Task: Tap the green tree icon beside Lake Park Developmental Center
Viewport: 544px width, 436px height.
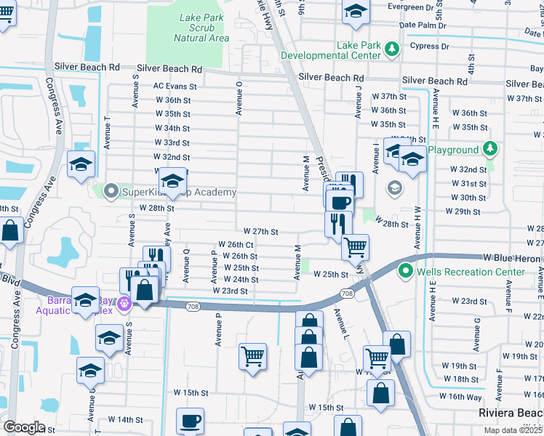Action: (392, 49)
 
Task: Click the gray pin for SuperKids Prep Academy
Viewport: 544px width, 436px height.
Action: (111, 192)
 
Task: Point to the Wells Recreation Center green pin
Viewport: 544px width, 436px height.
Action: (406, 272)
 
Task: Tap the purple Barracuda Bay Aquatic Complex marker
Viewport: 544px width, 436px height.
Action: (124, 302)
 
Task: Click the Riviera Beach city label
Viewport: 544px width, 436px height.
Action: (510, 413)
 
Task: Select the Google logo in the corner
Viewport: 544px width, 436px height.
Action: (24, 427)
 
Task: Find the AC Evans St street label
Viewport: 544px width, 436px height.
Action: (175, 86)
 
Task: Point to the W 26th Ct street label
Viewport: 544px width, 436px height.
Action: (236, 245)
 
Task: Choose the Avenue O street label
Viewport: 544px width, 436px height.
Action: (239, 97)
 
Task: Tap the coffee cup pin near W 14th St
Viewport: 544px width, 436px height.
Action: (191, 421)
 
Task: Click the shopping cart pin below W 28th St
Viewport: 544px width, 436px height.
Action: (355, 247)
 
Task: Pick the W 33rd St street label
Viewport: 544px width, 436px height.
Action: (172, 143)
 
